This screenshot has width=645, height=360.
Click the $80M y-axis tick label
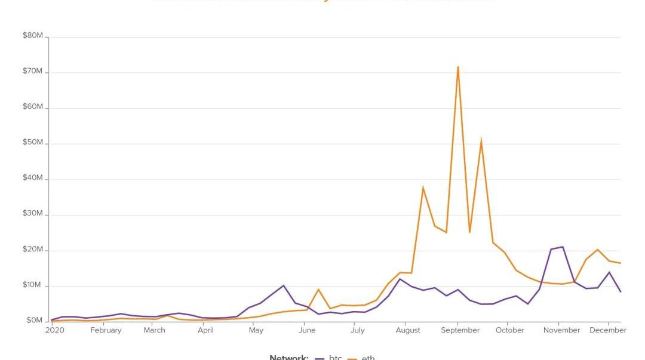point(33,36)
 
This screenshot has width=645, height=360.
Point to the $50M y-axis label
point(33,143)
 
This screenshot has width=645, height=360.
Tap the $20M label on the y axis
point(33,250)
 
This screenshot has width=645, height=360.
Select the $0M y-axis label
point(35,321)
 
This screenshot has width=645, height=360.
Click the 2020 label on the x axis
point(54,330)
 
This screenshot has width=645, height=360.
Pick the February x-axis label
point(106,330)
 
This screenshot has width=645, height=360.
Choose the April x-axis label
point(205,330)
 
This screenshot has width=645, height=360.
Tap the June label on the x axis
point(307,330)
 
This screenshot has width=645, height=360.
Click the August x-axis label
point(408,330)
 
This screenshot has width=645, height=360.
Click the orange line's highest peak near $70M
point(458,67)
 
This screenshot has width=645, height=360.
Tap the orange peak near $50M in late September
point(481,141)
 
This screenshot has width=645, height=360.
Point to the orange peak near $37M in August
point(423,188)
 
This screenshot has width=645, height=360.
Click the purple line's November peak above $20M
point(563,247)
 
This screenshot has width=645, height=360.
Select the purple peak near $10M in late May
point(284,285)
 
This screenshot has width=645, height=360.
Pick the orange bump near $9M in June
point(318,290)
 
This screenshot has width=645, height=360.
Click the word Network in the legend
point(289,358)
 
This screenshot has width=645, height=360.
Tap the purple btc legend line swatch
point(320,358)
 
